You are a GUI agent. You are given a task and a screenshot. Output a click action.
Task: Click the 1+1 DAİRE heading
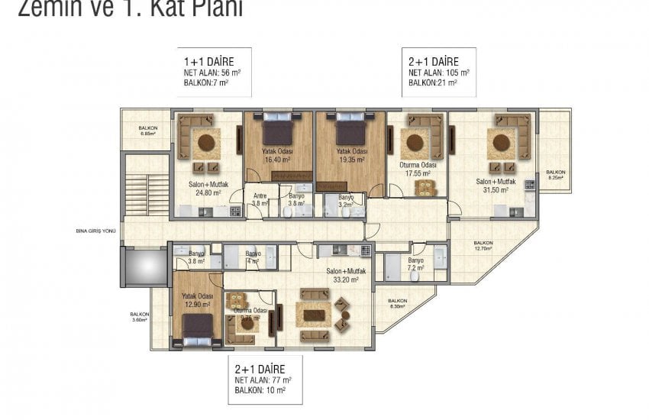click(207, 60)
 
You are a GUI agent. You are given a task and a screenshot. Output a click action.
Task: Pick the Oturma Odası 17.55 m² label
click(418, 169)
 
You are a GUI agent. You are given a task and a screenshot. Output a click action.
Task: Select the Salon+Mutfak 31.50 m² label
click(497, 185)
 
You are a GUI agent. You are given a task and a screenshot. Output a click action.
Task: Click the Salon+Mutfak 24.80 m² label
click(206, 189)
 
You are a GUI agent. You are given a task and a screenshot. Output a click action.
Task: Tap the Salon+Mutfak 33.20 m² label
click(347, 275)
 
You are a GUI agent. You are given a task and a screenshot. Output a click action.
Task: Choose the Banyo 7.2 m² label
click(416, 264)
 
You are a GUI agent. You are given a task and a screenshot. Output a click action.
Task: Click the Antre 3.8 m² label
click(260, 199)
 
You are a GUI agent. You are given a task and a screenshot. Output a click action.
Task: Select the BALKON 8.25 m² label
click(555, 175)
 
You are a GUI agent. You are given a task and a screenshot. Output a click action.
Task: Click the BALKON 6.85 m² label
click(147, 131)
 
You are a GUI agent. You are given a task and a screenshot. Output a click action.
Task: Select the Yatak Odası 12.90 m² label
click(197, 299)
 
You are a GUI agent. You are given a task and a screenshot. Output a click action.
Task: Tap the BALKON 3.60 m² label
click(138, 316)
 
